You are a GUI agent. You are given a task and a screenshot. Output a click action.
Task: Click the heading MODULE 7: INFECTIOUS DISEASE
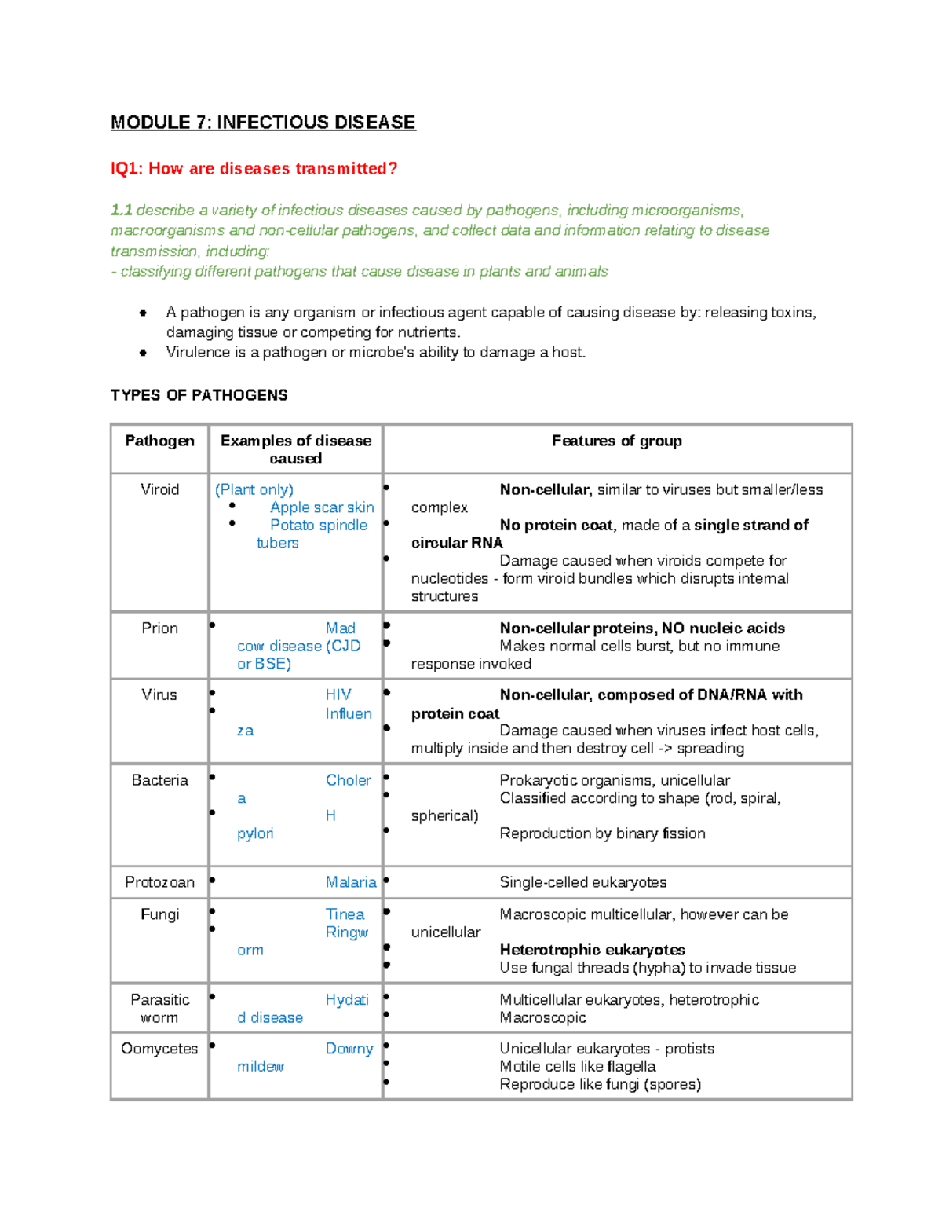tap(263, 123)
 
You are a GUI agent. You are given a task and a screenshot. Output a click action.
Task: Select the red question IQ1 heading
tap(254, 169)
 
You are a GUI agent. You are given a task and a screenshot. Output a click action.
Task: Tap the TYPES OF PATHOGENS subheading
tap(199, 395)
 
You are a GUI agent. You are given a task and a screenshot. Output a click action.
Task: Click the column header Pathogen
tap(159, 441)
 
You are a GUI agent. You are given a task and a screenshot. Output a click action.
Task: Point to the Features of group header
tap(616, 441)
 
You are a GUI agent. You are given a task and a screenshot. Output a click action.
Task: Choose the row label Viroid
tap(159, 489)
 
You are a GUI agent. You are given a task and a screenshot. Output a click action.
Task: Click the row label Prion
tap(159, 628)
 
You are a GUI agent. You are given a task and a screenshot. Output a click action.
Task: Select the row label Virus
tap(159, 694)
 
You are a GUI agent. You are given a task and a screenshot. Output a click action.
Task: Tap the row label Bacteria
tap(159, 780)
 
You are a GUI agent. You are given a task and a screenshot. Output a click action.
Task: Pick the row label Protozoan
tap(159, 882)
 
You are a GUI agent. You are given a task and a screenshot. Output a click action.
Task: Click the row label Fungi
tap(159, 914)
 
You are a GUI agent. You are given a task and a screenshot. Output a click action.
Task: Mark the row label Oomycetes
tap(159, 1049)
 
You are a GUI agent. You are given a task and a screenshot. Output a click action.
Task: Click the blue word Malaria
tap(351, 882)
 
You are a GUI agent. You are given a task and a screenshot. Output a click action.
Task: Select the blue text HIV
tap(338, 694)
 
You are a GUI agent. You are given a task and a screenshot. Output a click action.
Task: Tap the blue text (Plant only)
tap(254, 489)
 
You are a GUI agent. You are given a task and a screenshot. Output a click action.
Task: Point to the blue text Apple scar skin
tap(322, 507)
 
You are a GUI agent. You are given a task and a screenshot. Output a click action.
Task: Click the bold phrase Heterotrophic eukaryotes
tap(592, 950)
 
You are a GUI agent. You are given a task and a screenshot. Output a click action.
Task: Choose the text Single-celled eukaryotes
tap(582, 882)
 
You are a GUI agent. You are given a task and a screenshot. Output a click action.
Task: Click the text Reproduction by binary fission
tap(602, 833)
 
